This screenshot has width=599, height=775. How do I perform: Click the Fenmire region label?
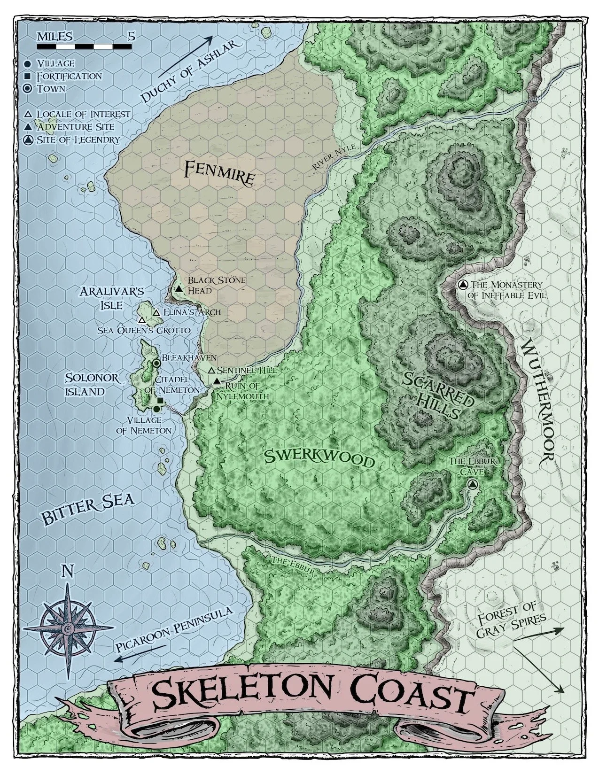click(x=220, y=173)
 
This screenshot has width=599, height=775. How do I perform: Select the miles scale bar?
click(x=84, y=46)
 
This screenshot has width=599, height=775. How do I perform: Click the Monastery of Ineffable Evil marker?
click(x=462, y=285)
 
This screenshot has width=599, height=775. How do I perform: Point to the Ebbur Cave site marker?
click(x=473, y=484)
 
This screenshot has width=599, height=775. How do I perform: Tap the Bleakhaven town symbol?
click(x=156, y=363)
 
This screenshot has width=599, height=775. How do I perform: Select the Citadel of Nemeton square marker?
click(x=160, y=400)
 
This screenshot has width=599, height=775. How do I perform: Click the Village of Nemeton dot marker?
click(x=156, y=409)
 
